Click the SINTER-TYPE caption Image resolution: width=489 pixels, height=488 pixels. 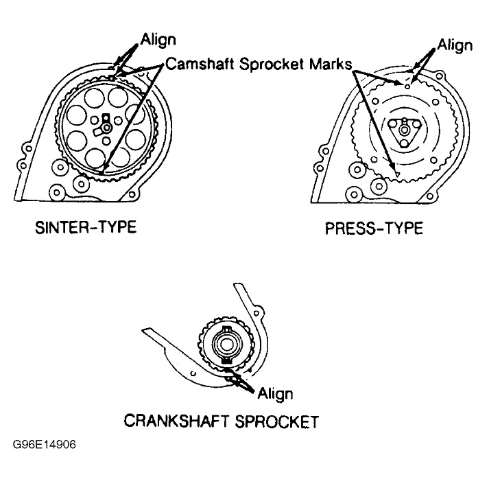[85, 226]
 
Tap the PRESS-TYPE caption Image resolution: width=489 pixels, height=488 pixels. [373, 228]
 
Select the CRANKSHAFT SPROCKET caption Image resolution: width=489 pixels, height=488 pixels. [221, 419]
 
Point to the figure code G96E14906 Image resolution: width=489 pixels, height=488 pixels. [44, 444]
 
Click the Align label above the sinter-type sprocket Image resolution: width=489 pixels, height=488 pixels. [158, 39]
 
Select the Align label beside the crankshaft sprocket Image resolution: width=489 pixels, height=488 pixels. [274, 393]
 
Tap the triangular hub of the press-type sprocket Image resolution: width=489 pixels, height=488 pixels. [405, 130]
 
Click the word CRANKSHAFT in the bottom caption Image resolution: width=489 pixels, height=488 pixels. [176, 419]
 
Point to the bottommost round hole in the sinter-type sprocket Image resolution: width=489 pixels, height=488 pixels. [103, 159]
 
